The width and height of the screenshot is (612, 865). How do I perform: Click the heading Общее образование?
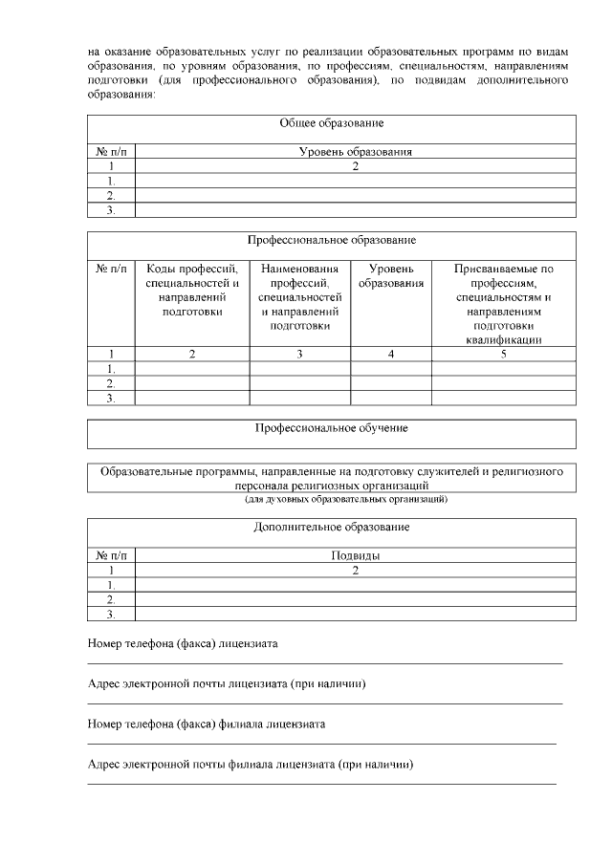[332, 123]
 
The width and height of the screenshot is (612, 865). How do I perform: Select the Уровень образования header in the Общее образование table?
[355, 151]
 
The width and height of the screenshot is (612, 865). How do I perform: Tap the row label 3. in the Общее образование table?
[111, 210]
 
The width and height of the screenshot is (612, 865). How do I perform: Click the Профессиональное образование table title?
[332, 240]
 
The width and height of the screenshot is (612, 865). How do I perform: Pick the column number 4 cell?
[391, 354]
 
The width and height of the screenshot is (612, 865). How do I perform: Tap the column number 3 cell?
[300, 354]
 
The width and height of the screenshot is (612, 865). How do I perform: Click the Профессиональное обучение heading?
[332, 428]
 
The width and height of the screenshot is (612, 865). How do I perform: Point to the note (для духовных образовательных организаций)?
[332, 499]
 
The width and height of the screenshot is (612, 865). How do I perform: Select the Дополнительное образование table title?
[332, 527]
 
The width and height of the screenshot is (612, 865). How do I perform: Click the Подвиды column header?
[355, 555]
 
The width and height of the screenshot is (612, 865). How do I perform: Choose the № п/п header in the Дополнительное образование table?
[111, 555]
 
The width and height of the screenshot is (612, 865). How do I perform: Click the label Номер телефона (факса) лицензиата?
[183, 644]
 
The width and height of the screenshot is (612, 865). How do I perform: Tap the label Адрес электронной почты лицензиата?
[227, 684]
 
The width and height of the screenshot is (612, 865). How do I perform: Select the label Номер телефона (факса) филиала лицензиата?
[206, 724]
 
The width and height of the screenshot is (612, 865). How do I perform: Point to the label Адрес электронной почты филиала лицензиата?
[250, 765]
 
